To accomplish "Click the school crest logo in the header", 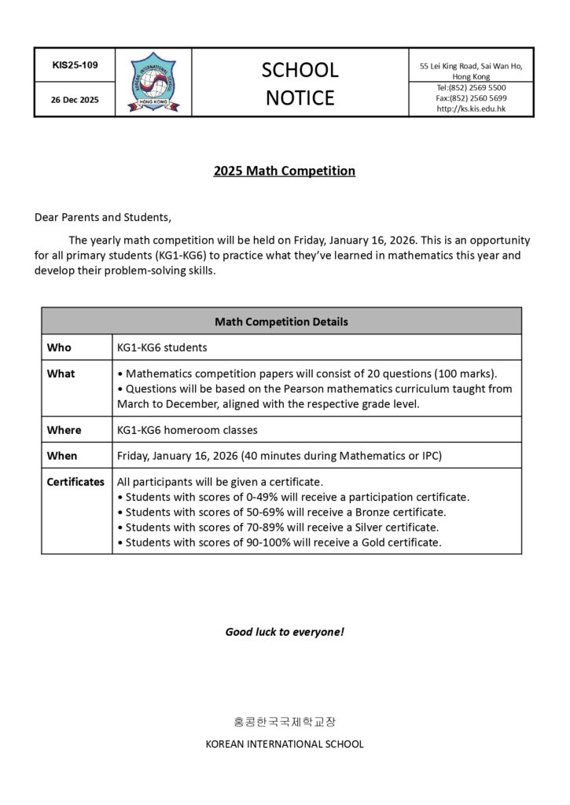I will coord(153,82).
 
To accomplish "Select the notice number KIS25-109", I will coord(75,65).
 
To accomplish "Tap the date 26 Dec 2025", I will coord(75,100).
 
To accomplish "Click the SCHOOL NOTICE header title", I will coord(300,83).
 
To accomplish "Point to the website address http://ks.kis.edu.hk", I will coord(471,108).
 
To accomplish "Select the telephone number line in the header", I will coord(471,87).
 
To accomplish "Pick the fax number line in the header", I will coord(471,98).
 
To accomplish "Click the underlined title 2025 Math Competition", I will coord(284,171).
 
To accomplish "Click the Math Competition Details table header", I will coord(281,322).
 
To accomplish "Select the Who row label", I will coord(58,347).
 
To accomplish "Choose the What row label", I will coord(61,373).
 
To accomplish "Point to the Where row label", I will coord(64,430).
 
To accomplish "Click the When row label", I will coord(62,455).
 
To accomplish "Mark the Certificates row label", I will coord(75,481).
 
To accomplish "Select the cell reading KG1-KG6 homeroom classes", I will coord(187,430).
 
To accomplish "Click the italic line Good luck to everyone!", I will coord(285,631).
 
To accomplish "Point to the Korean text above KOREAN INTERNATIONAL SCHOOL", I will coord(284,721).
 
